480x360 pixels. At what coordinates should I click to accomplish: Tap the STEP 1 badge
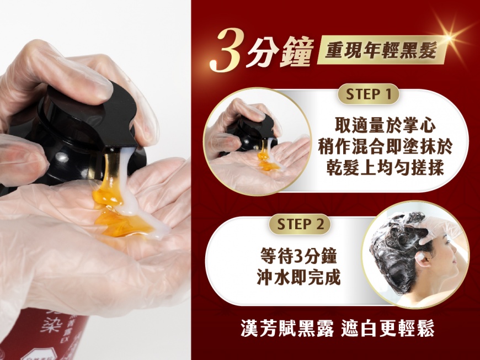(368, 94)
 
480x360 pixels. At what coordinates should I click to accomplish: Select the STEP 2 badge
(300, 224)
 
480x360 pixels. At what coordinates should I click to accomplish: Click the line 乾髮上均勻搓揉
(385, 168)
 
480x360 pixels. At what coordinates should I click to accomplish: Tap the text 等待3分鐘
(298, 256)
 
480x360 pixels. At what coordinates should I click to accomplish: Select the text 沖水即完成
(298, 277)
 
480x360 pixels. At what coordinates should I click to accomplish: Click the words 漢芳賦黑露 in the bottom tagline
(287, 328)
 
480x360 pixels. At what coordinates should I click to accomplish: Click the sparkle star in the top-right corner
(450, 38)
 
